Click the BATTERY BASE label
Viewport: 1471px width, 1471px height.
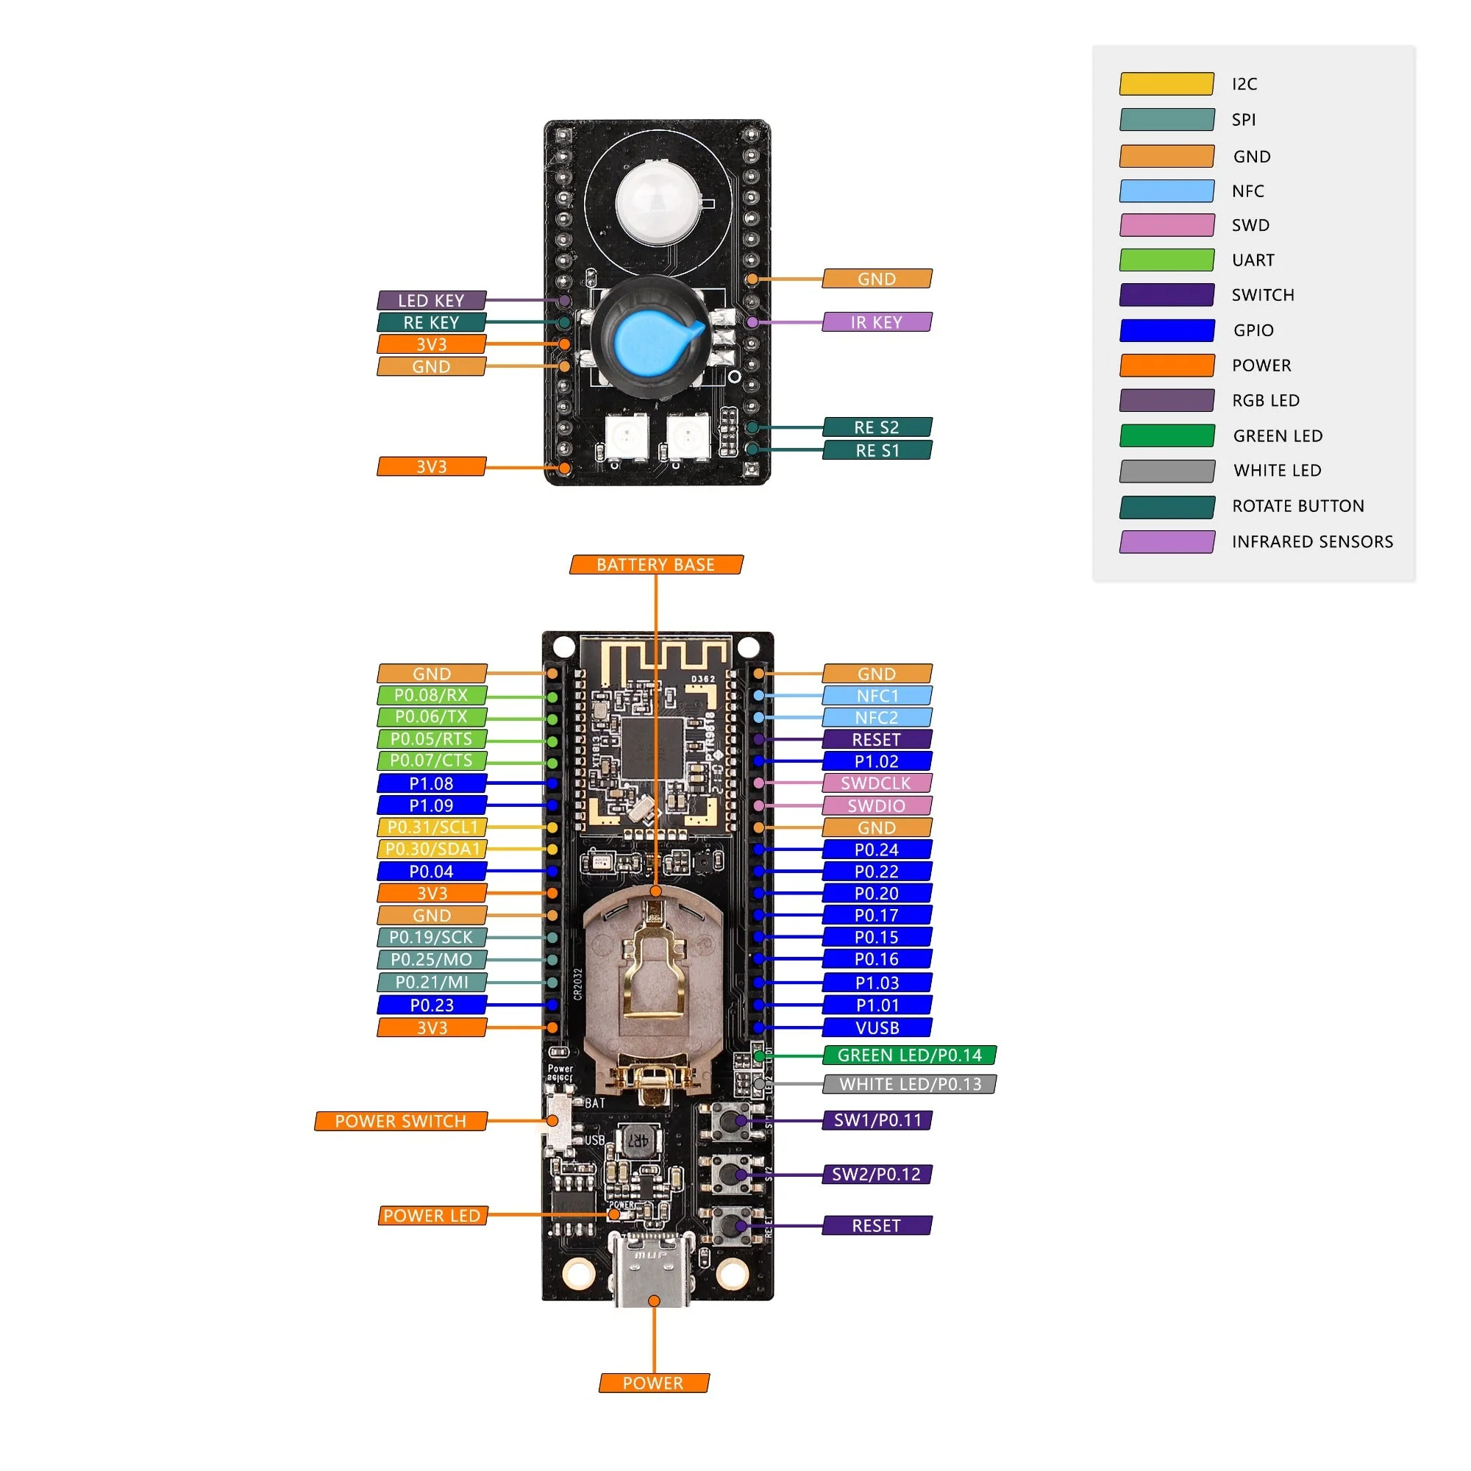click(x=655, y=565)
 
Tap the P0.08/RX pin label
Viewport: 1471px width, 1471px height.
click(x=432, y=695)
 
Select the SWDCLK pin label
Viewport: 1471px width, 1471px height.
click(x=877, y=783)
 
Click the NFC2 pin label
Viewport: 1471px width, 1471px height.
click(x=877, y=717)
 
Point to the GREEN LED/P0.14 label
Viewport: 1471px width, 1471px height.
click(x=909, y=1055)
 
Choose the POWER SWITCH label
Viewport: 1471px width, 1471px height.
click(x=401, y=1121)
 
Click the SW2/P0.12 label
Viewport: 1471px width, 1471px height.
click(x=877, y=1174)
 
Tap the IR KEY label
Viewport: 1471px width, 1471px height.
click(x=877, y=322)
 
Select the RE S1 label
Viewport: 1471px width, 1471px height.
click(x=877, y=451)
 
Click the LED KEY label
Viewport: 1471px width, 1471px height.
click(x=432, y=301)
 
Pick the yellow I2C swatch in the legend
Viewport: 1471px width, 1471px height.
click(x=1167, y=84)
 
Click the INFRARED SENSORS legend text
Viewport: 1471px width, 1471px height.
click(x=1312, y=541)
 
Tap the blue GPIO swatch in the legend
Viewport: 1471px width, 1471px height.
click(x=1167, y=330)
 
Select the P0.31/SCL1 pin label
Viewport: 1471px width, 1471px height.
click(x=432, y=827)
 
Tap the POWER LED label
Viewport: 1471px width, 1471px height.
click(x=432, y=1216)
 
